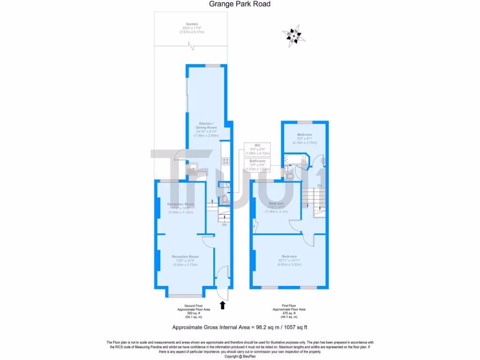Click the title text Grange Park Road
pyautogui.click(x=240, y=4)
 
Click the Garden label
pyautogui.click(x=191, y=28)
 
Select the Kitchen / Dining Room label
pyautogui.click(x=206, y=128)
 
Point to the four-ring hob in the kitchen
pyautogui.click(x=225, y=161)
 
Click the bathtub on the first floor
pyautogui.click(x=296, y=160)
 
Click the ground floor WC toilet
pyautogui.click(x=225, y=200)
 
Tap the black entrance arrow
pyautogui.click(x=223, y=305)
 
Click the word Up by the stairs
pyautogui.click(x=224, y=225)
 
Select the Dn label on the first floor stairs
pyautogui.click(x=320, y=186)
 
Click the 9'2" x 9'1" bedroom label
pyautogui.click(x=304, y=137)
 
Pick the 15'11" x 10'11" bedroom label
pyautogui.click(x=289, y=260)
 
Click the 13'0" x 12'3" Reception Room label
pyautogui.click(x=185, y=261)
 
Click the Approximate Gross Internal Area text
pyautogui.click(x=240, y=327)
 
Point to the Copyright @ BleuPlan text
pyautogui.click(x=240, y=356)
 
